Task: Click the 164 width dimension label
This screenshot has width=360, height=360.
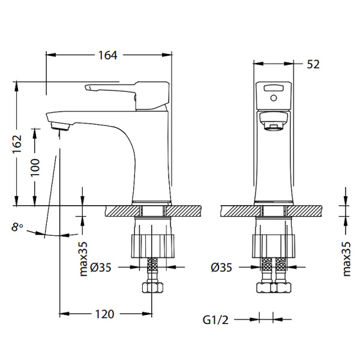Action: pyautogui.click(x=107, y=55)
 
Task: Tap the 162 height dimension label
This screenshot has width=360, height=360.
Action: pyautogui.click(x=17, y=144)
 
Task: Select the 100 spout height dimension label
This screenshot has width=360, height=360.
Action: pyautogui.click(x=35, y=167)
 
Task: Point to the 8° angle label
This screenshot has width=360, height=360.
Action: pyautogui.click(x=17, y=227)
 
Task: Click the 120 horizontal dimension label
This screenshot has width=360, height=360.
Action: pyautogui.click(x=104, y=314)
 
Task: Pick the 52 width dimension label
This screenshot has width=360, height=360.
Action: pyautogui.click(x=313, y=64)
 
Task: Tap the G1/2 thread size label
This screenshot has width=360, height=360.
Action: pyautogui.click(x=215, y=320)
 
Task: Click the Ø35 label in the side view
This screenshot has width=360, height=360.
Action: pyautogui.click(x=101, y=268)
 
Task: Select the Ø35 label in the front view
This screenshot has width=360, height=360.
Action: pyautogui.click(x=221, y=268)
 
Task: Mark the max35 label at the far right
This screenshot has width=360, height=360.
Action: pyautogui.click(x=346, y=259)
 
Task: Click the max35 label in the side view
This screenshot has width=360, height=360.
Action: pyautogui.click(x=83, y=259)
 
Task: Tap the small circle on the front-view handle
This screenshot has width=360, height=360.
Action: pyautogui.click(x=274, y=98)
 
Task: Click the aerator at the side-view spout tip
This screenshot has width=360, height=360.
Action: pyautogui.click(x=60, y=126)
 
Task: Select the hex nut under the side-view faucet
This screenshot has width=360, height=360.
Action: pyautogui.click(x=152, y=287)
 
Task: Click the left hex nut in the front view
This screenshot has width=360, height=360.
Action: pyautogui.click(x=263, y=287)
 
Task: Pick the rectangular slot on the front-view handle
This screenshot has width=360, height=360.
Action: pyautogui.click(x=274, y=88)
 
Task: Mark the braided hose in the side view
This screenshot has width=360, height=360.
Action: pyautogui.click(x=152, y=269)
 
